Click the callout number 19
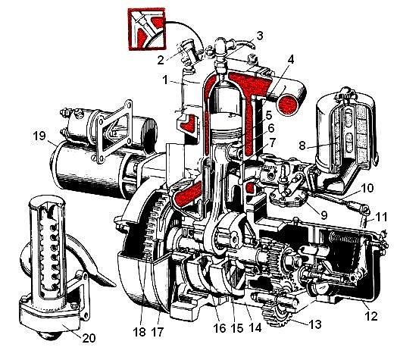point(39,136)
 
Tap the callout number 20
point(89,338)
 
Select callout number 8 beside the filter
point(302,146)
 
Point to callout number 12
point(371,316)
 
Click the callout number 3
point(260,36)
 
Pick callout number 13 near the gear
point(315,324)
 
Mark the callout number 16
point(220,328)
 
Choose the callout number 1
point(165,80)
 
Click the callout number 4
point(291,60)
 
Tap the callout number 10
point(367,188)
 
